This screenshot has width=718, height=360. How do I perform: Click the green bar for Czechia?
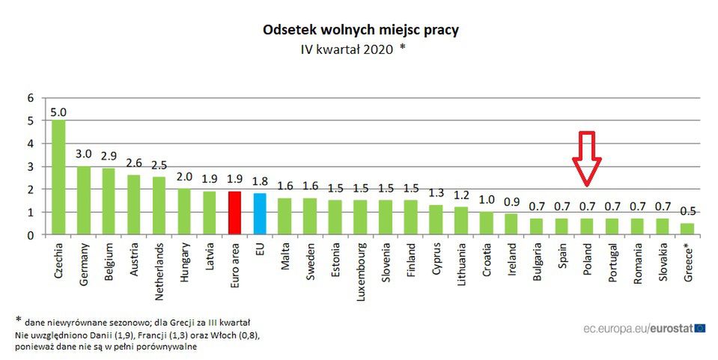pos(58,177)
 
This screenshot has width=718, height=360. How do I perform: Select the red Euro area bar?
pos(234,213)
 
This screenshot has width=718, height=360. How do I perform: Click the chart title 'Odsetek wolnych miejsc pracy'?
pos(361,31)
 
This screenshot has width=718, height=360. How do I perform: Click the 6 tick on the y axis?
pos(31,97)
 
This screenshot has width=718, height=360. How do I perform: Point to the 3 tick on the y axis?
pos(31,166)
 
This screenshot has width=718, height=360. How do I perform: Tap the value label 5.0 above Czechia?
pos(58,112)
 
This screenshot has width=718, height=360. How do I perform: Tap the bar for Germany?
pos(83,201)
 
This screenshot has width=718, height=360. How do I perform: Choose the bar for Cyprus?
pos(436,220)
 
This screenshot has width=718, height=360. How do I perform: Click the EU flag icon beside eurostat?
pos(699,328)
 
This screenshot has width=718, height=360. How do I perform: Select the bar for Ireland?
pos(511,225)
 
